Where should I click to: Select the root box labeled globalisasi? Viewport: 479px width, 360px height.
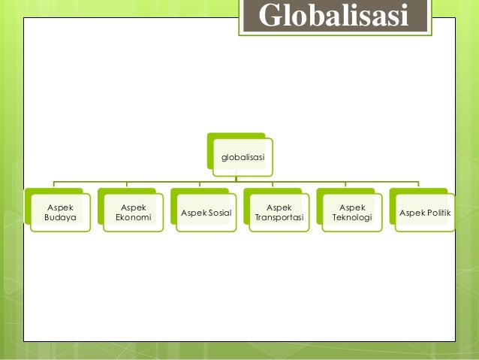click(242, 157)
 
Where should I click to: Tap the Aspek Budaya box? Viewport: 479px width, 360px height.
click(61, 213)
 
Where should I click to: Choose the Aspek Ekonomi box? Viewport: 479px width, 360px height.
click(134, 213)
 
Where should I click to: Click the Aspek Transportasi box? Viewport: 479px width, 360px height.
click(279, 213)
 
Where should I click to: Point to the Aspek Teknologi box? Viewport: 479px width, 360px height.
click(352, 213)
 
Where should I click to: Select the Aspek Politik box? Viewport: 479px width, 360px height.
click(425, 213)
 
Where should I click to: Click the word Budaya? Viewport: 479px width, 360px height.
click(61, 218)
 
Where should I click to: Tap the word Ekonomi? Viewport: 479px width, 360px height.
click(134, 218)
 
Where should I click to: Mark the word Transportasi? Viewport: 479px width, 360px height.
click(279, 218)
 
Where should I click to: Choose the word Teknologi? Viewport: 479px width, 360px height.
click(352, 218)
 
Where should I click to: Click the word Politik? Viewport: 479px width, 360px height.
click(437, 213)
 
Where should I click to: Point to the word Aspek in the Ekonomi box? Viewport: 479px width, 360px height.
click(134, 207)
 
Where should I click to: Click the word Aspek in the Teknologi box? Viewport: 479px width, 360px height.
click(352, 207)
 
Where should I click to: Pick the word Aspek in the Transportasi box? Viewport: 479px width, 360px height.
click(279, 207)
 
